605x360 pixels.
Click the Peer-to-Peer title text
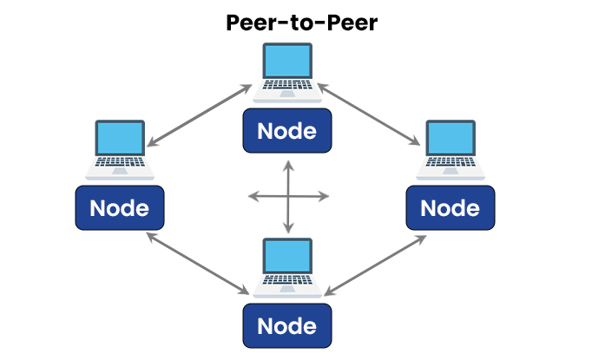point(301,23)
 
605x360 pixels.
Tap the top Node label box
point(286,131)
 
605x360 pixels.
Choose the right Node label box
point(450,208)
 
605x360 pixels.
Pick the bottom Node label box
point(286,325)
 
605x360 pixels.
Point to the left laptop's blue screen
point(120,138)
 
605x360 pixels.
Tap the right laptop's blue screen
point(450,138)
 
